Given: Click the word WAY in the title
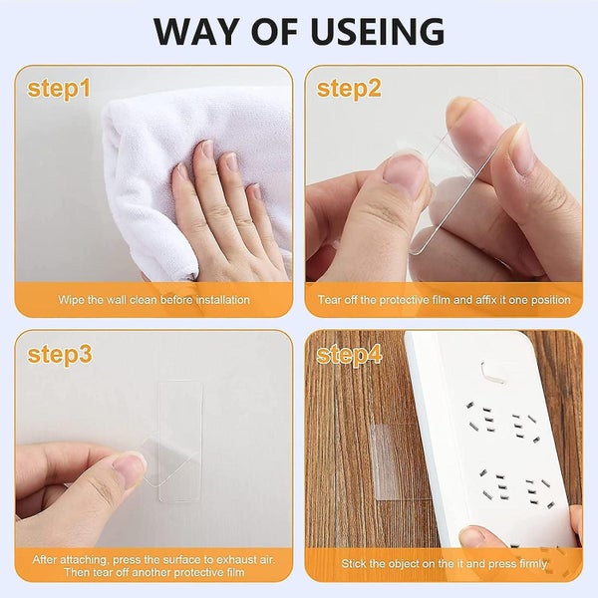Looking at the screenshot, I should [195, 32].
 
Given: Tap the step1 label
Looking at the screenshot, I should [59, 89].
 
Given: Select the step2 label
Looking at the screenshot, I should [349, 89].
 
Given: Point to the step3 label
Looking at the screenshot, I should [59, 354].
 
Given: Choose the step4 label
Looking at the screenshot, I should [349, 354].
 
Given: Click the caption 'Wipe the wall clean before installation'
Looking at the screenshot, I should [153, 299].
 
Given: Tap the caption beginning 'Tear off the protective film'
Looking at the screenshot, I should [444, 299].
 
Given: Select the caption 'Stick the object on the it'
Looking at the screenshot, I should [444, 563].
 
